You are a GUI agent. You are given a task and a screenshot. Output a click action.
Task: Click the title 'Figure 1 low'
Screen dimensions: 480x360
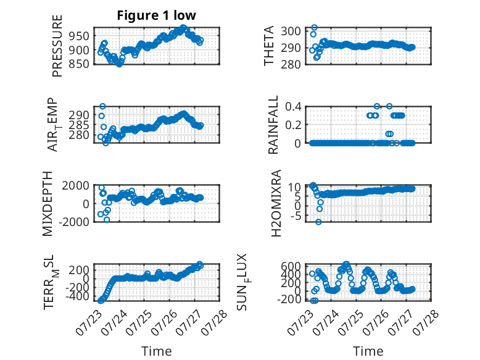[156, 15]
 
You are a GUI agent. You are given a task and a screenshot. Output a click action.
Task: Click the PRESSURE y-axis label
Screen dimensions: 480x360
[57, 46]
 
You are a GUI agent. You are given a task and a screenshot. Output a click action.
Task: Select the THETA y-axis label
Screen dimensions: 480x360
[269, 46]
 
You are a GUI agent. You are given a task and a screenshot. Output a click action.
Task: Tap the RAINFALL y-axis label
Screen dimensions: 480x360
[273, 124]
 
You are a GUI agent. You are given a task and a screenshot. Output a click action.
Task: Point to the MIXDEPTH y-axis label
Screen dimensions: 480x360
[48, 204]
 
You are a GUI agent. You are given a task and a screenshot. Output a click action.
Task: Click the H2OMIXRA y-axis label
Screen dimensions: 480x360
[276, 203]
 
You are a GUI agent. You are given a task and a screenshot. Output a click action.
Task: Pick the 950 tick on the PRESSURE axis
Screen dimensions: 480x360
[79, 36]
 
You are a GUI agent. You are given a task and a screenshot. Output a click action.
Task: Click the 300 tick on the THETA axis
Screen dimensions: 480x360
[291, 31]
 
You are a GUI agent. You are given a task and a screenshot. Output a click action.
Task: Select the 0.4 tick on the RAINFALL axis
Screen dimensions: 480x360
[293, 107]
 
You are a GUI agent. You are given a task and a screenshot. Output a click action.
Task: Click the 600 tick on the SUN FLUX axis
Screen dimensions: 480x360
[291, 266]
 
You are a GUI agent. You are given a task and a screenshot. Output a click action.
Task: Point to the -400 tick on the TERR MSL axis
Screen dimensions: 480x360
[77, 296]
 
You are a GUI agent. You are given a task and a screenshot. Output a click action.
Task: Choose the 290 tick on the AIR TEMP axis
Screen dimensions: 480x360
[79, 115]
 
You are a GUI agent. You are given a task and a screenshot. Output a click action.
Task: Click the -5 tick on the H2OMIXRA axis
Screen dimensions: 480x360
[295, 216]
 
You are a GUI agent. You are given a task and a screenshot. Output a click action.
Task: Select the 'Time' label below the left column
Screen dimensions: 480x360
[157, 351]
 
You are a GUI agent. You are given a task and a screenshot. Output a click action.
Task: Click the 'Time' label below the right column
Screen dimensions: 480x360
[368, 351]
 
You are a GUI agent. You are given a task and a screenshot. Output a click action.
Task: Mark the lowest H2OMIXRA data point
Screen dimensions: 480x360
[319, 222]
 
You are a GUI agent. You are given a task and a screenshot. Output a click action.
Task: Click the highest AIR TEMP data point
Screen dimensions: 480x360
[103, 106]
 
